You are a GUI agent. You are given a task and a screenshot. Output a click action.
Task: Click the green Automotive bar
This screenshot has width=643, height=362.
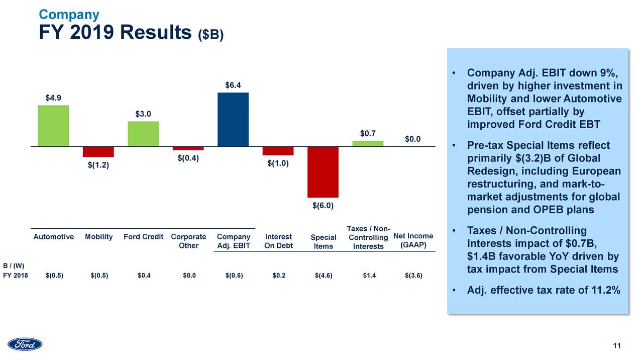tap(53, 126)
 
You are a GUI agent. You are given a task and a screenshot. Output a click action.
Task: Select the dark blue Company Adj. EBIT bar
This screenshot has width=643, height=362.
tap(233, 120)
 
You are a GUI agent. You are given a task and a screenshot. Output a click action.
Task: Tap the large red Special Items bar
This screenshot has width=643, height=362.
tap(323, 172)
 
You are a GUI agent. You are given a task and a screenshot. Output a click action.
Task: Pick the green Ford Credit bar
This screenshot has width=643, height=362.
tap(143, 134)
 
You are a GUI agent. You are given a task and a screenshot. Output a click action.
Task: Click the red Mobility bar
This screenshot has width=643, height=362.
tap(98, 152)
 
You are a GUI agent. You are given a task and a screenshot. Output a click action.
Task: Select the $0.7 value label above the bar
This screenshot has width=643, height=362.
tap(368, 133)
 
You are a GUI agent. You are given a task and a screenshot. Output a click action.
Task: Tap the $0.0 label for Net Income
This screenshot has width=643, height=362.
tap(412, 139)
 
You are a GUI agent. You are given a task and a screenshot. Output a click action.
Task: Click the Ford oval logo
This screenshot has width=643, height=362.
tap(25, 344)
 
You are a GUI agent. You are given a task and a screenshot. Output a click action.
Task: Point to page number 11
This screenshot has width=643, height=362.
tap(617, 345)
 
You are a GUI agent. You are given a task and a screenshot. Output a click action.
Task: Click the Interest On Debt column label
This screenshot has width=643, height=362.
tap(278, 241)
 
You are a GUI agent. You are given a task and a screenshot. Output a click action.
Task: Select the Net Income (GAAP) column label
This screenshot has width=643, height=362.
tap(413, 241)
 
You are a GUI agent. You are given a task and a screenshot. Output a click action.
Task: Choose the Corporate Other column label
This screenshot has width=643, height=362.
tap(188, 241)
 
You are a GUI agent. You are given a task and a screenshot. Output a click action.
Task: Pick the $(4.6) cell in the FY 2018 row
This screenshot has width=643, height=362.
tap(323, 276)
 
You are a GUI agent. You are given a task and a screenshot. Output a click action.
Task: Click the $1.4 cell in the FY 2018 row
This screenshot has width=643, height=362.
tap(369, 276)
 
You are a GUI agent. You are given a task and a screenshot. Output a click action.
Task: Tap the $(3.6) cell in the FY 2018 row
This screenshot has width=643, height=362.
tap(413, 276)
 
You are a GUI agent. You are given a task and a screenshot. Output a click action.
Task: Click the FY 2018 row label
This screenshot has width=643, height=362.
tap(15, 276)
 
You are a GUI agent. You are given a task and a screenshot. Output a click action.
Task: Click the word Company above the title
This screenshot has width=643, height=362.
tap(69, 15)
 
